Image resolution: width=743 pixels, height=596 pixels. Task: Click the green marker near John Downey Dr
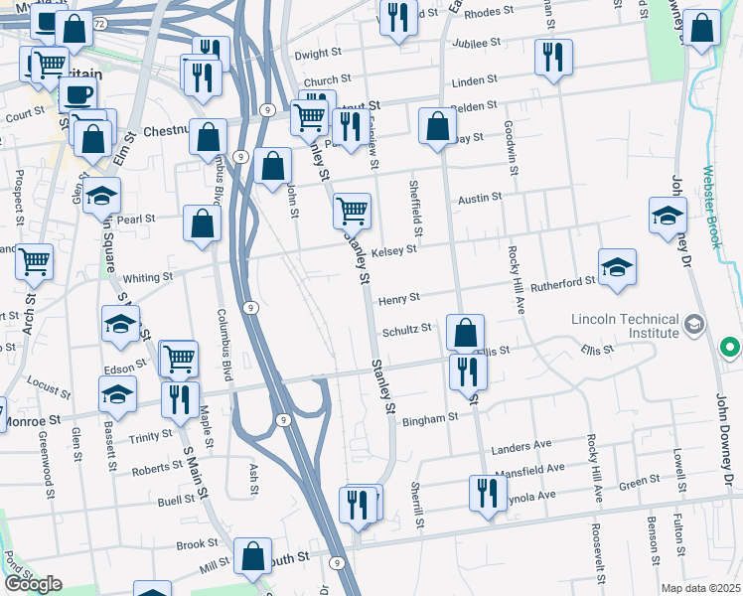click(x=730, y=348)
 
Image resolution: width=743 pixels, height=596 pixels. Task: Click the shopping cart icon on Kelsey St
click(x=352, y=211)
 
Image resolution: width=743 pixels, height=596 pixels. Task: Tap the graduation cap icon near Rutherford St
click(x=617, y=267)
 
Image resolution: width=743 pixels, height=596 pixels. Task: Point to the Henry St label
click(x=399, y=297)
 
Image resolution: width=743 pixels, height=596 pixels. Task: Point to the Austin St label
click(x=480, y=199)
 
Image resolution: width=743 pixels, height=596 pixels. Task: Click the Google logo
click(x=33, y=584)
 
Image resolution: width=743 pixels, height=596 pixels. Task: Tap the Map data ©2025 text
click(x=700, y=588)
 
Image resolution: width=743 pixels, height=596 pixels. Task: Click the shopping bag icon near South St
click(x=253, y=558)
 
